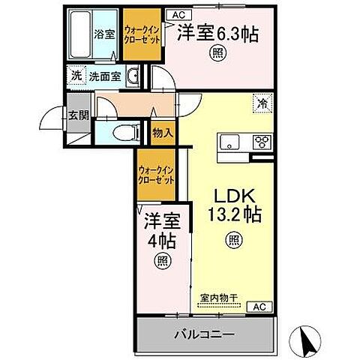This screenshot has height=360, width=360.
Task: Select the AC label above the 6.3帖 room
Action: point(178,13)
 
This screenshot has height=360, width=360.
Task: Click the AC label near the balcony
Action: point(259,307)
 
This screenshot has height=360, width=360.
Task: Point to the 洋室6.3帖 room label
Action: point(217,34)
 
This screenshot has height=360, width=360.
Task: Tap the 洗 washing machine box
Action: point(76,75)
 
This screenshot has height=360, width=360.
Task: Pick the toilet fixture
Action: point(125,133)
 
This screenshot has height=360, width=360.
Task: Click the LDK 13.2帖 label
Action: point(234,204)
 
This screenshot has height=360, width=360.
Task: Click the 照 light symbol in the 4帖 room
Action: point(161,260)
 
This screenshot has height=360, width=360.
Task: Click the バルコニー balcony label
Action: point(205,331)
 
